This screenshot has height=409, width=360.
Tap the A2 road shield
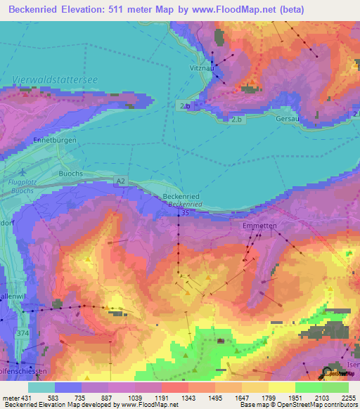tap(121, 181)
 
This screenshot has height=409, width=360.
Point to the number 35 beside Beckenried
tap(185, 212)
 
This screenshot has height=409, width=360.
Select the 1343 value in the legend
tap(188, 398)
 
